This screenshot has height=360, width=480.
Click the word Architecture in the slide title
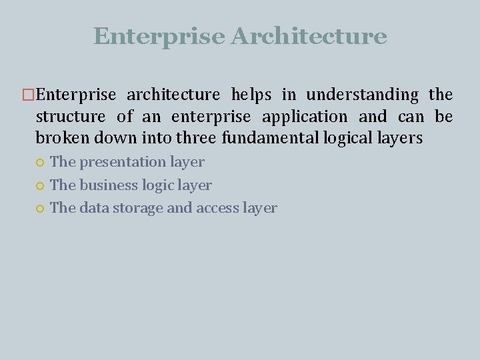coord(309,36)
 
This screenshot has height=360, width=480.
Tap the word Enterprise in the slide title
coord(159,36)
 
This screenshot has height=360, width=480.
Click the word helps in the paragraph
coord(251,95)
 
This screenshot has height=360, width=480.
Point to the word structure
coord(71,117)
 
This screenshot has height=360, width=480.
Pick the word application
coord(305,117)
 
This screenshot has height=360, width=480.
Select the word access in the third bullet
coord(217,208)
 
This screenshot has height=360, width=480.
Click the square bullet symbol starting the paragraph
coord(28,95)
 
